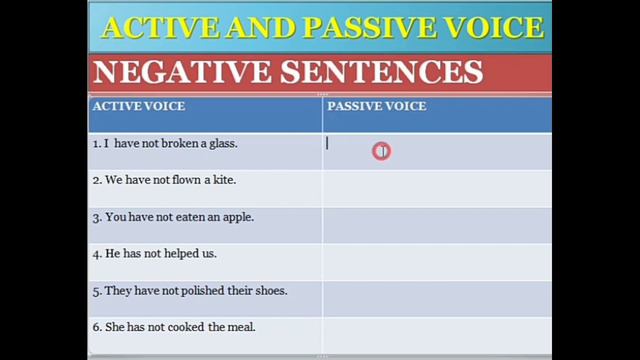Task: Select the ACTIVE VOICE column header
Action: pyautogui.click(x=138, y=106)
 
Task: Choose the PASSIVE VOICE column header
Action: pyautogui.click(x=376, y=106)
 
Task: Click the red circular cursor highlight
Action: pyautogui.click(x=381, y=151)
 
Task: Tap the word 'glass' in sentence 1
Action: pyautogui.click(x=222, y=143)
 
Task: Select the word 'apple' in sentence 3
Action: pyautogui.click(x=237, y=217)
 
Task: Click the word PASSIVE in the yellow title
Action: pyautogui.click(x=373, y=27)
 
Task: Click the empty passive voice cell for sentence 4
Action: pyautogui.click(x=436, y=254)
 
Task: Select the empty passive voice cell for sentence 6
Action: pyautogui.click(x=436, y=328)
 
